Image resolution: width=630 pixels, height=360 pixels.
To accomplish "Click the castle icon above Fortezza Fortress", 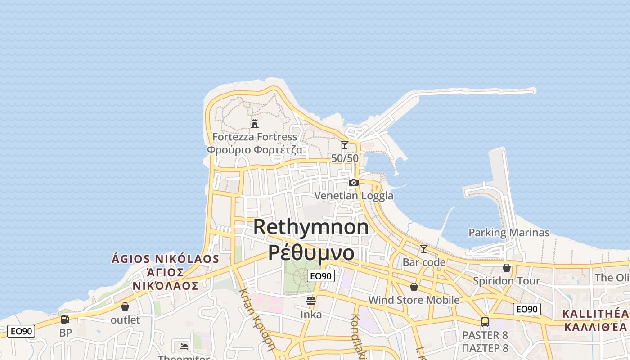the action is (x=255, y=123).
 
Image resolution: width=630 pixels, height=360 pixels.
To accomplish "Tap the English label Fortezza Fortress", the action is (x=255, y=136).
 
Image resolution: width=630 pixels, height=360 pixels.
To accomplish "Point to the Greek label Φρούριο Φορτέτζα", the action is (x=255, y=149).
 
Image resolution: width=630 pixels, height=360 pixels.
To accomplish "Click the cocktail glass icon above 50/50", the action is (x=345, y=145).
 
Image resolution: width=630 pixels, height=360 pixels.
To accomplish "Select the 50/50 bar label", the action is (x=345, y=158).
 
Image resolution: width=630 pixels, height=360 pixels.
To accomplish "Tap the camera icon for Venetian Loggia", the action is (x=354, y=182).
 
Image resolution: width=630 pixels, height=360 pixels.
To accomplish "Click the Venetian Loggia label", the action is (x=354, y=196).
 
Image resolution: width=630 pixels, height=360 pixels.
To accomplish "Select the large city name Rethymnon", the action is (x=311, y=227).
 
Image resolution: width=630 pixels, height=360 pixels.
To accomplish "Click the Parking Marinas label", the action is (x=509, y=233).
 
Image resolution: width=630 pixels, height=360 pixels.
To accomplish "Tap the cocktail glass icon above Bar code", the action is (x=424, y=248).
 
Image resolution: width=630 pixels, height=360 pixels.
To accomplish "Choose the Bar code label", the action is (x=424, y=262).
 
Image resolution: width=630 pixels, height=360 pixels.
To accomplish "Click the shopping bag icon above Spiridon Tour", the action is (x=507, y=268).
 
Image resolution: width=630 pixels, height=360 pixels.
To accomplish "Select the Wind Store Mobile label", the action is (x=414, y=300).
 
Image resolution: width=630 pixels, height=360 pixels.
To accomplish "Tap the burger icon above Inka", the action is (x=311, y=301).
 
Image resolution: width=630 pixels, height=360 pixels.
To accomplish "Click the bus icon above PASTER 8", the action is (x=485, y=322).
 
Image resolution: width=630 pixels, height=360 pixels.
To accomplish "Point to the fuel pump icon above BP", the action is (x=65, y=319).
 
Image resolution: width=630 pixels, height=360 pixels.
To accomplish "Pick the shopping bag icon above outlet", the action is (x=125, y=306).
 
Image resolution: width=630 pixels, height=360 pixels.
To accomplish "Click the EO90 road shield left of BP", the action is (x=21, y=331).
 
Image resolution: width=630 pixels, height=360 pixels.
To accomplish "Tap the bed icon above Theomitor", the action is (x=184, y=346).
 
